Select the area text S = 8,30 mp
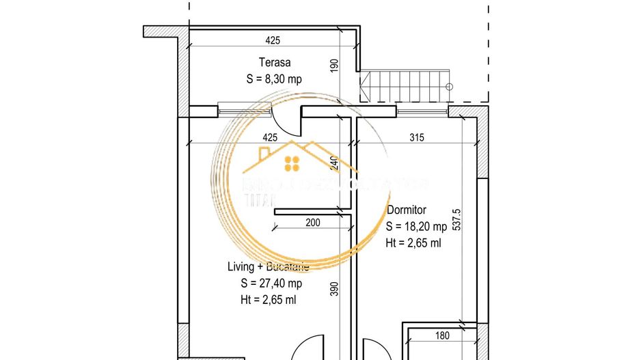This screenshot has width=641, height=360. pyautogui.click(x=274, y=79)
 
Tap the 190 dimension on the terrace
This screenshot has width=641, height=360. pyautogui.click(x=334, y=66)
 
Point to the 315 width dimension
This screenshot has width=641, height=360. pyautogui.click(x=416, y=137)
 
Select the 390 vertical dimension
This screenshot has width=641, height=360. pyautogui.click(x=334, y=290)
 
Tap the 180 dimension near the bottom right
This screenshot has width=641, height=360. pyautogui.click(x=443, y=335)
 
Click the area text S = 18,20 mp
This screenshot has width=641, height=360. pyautogui.click(x=416, y=226)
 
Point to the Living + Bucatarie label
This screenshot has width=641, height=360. pyautogui.click(x=268, y=266)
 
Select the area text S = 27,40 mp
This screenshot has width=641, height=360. pyautogui.click(x=271, y=283)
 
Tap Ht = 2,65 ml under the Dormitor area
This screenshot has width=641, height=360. pyautogui.click(x=413, y=243)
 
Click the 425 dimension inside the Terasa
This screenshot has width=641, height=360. pyautogui.click(x=271, y=40)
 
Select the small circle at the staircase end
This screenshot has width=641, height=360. pyautogui.click(x=449, y=87)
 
